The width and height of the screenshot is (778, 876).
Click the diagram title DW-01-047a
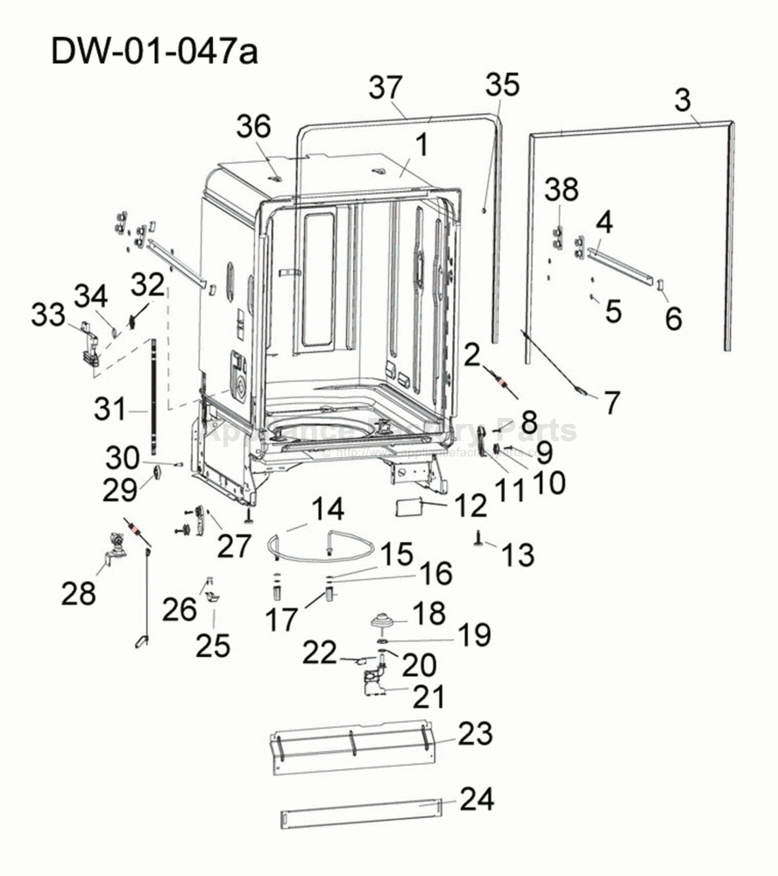(x=154, y=51)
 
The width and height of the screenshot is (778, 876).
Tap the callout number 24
(x=477, y=799)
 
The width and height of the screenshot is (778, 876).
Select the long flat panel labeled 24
(x=359, y=812)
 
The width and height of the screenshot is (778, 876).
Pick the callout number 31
(x=111, y=408)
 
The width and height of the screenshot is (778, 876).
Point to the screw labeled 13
(x=481, y=540)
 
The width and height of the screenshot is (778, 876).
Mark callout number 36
(x=253, y=128)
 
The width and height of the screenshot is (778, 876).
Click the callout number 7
(x=611, y=403)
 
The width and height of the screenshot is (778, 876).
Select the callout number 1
(x=421, y=145)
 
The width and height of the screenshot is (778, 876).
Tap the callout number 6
(x=673, y=318)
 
